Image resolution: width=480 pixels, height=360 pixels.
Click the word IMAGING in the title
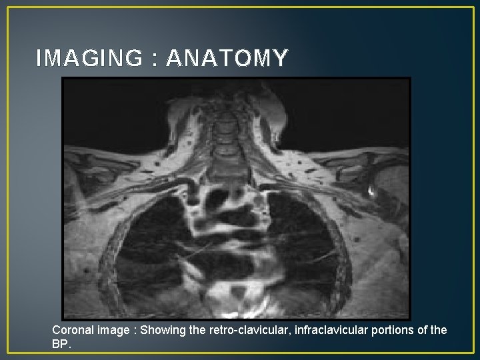[x=89, y=59]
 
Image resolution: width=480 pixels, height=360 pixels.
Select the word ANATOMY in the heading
[x=227, y=59]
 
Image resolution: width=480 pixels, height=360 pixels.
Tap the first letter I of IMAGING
[x=39, y=59]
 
